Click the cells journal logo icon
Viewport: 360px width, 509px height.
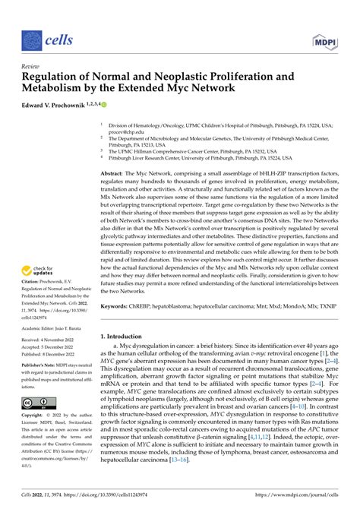[x=31, y=40]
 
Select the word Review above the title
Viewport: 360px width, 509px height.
[x=31, y=67]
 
